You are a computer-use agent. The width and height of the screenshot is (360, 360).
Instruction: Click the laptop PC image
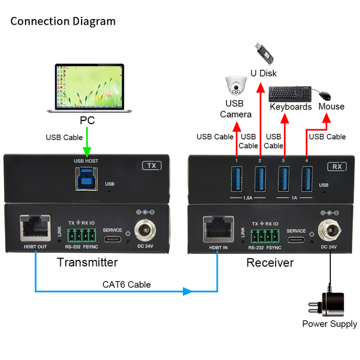[89, 88]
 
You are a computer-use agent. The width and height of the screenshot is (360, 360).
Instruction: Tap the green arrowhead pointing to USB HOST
[87, 152]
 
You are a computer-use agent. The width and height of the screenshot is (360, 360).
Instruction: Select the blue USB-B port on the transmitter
[86, 179]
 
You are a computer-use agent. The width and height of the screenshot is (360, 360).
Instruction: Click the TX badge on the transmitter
[152, 165]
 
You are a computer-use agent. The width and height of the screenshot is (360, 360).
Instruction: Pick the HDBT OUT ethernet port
[35, 228]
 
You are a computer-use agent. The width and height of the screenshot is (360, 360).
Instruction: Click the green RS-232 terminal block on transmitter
[82, 235]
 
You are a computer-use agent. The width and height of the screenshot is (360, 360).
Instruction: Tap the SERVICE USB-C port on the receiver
[296, 240]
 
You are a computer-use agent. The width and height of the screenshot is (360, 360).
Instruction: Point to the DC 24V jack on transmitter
[145, 230]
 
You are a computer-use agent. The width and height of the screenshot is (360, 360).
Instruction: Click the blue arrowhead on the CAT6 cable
[187, 291]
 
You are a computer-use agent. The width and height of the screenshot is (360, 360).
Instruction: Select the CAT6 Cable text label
[127, 285]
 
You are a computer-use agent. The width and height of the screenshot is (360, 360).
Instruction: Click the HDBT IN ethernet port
[218, 229]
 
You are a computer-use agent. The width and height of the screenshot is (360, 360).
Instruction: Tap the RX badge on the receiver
[337, 166]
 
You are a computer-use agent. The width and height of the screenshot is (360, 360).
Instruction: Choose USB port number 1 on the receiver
[236, 179]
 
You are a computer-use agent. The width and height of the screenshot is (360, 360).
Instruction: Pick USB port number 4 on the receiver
[307, 179]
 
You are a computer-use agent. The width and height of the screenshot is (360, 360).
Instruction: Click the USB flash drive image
[264, 54]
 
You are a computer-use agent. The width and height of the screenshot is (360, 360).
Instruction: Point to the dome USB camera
[236, 85]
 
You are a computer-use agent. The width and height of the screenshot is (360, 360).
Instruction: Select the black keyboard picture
[290, 94]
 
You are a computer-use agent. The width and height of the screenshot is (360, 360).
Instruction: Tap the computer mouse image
[325, 96]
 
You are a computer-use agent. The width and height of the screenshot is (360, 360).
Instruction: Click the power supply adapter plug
[327, 304]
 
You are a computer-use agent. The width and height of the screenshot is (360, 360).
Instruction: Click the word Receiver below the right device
[270, 263]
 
